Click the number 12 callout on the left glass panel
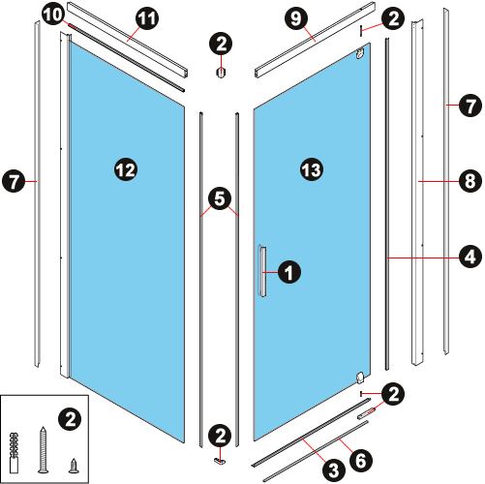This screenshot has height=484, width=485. pyautogui.click(x=126, y=169)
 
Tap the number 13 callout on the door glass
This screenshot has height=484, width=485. pyautogui.click(x=312, y=169)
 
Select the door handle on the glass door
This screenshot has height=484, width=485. pyautogui.click(x=261, y=271)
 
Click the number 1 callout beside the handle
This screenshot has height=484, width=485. pyautogui.click(x=289, y=272)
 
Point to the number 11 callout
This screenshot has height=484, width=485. pyautogui.click(x=147, y=18)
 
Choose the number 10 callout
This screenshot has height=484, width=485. pyautogui.click(x=52, y=15)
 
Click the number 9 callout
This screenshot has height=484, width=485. pyautogui.click(x=296, y=18)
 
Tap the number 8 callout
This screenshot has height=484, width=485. pyautogui.click(x=470, y=181)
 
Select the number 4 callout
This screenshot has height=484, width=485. pyautogui.click(x=470, y=257)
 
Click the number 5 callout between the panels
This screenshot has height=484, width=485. pyautogui.click(x=220, y=198)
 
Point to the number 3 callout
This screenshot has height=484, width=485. pyautogui.click(x=334, y=469)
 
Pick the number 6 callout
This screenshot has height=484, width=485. pyautogui.click(x=361, y=460)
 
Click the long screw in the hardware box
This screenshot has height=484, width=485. pyautogui.click(x=44, y=449)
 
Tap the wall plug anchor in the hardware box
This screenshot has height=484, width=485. pyautogui.click(x=14, y=453)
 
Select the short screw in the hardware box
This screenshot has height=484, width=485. pyautogui.click(x=75, y=466)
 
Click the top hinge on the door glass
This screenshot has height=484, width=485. pyautogui.click(x=360, y=53)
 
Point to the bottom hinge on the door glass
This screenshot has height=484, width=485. pyautogui.click(x=360, y=378)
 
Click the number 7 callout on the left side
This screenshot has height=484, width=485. pyautogui.click(x=14, y=181)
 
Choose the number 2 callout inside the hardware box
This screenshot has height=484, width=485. pyautogui.click(x=70, y=419)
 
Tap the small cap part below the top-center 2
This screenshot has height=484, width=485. pyautogui.click(x=220, y=73)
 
